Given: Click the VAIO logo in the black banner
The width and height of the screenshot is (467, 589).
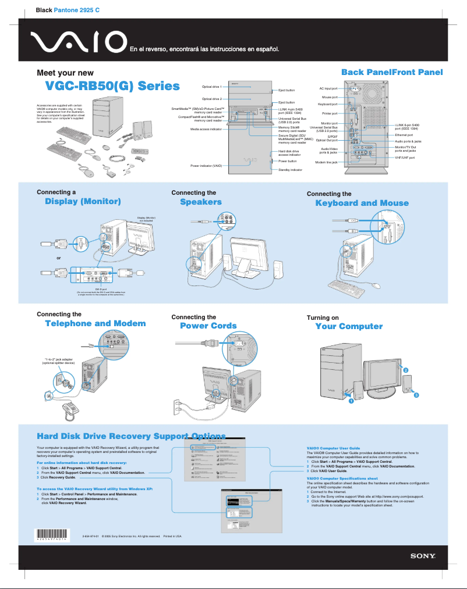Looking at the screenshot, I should (79, 42).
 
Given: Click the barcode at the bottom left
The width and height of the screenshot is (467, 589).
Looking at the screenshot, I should (52, 536).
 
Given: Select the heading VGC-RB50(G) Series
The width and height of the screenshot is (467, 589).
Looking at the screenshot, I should (112, 87).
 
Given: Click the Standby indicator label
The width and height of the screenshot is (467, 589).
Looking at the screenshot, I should (290, 170).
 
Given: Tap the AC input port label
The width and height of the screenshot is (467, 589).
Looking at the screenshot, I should (328, 88).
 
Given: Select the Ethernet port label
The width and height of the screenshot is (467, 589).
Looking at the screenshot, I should (404, 135).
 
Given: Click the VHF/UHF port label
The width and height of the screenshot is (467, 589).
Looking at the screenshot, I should (405, 158).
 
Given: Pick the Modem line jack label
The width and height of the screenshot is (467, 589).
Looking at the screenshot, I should (326, 162).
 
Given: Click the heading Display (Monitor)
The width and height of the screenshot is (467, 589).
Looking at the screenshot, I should (83, 202).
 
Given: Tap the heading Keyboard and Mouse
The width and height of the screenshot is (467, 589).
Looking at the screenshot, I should (362, 203).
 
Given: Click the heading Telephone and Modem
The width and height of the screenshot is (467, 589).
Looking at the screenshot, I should (95, 323).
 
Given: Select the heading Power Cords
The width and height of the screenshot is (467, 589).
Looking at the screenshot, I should (208, 326).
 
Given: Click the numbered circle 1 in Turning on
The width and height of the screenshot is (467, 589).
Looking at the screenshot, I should (351, 401).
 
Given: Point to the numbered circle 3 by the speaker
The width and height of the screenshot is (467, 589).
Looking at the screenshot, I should (416, 395).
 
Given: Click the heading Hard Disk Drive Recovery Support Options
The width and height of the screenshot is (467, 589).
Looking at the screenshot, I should (131, 436).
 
